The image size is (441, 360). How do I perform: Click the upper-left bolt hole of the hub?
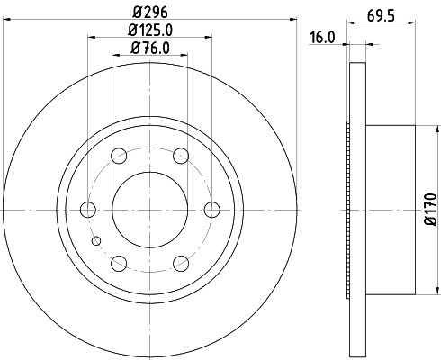119,157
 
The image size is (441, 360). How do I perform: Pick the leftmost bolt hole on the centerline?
88,210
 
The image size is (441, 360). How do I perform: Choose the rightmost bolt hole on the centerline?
211,210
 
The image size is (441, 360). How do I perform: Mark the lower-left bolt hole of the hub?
119,263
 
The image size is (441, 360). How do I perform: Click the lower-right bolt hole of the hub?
180,263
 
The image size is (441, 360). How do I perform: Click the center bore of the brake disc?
149,210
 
